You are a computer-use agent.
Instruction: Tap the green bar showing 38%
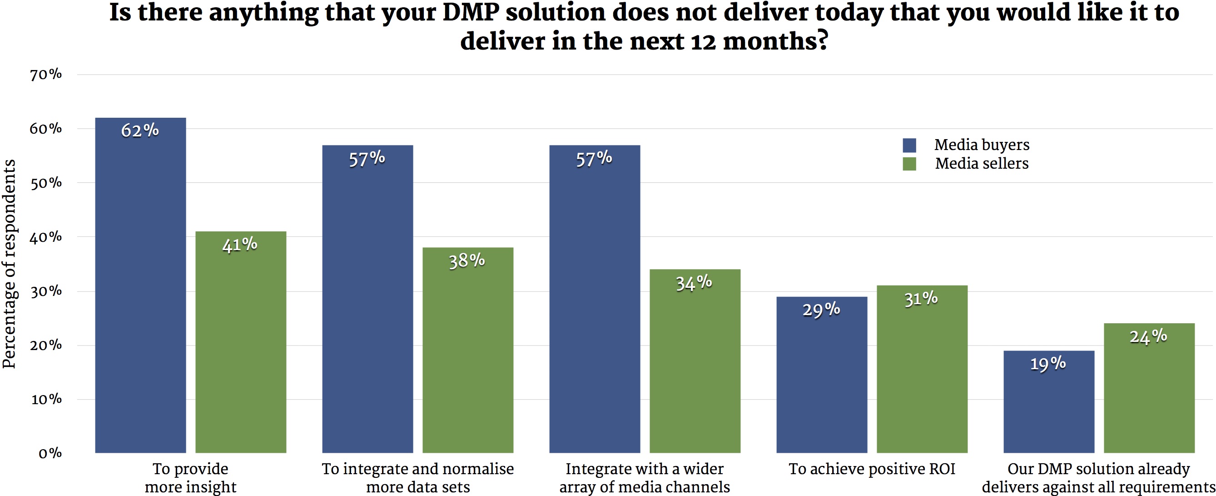467,350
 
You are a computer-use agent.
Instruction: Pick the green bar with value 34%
695,361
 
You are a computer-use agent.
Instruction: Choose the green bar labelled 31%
922,369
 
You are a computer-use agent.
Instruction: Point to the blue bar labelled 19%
1048,401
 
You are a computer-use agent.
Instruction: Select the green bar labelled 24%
1148,388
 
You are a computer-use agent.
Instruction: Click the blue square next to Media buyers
909,145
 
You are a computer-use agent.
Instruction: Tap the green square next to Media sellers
909,164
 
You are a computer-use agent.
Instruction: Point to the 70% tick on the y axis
46,75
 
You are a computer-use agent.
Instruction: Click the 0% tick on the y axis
50,453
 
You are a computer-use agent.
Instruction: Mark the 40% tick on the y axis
46,237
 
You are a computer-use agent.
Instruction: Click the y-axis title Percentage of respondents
10,264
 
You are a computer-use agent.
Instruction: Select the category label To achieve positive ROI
871,469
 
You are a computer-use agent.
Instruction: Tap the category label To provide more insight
190,477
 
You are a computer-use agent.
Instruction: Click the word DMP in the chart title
470,12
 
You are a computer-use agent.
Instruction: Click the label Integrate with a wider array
645,477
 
